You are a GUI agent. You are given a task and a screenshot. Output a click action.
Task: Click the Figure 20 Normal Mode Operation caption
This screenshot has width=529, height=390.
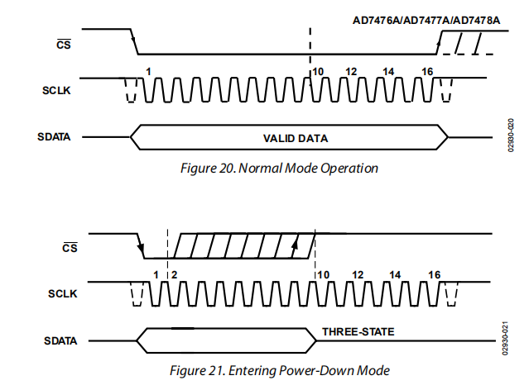point(279,169)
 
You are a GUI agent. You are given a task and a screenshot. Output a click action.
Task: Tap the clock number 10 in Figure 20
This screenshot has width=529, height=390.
point(318,72)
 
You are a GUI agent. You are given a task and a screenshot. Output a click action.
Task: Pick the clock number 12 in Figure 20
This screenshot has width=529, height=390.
point(351,72)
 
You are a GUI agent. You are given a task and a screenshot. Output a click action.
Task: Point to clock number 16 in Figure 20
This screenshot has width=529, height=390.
point(427,72)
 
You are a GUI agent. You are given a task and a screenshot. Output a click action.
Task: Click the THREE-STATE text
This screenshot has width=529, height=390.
point(358,332)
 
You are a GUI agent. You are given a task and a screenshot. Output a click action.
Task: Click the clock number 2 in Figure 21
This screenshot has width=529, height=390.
point(173,274)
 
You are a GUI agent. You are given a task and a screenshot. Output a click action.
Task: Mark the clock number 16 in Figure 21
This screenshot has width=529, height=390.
point(434,274)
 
